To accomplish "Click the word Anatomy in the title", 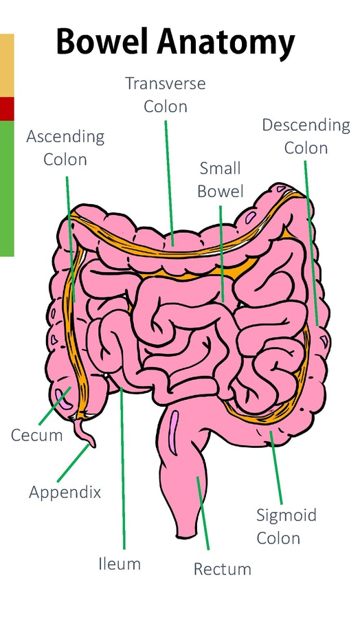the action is pos(225,43).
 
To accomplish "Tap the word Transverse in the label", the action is pos(166,83).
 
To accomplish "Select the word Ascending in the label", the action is pos(65,137).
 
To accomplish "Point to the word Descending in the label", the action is pos(306,126).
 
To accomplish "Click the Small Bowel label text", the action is pos(221,179).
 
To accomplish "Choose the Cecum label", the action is pos(36,435).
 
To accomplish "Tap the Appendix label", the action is pos(65,492).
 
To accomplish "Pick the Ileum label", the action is pos(120,564).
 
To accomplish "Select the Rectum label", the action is pos(223,569).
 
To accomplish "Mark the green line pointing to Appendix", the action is pos(73,463).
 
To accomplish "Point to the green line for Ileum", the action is pos(123,469).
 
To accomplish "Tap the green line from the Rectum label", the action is pos(203,513).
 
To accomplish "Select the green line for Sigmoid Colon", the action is pos(275,467).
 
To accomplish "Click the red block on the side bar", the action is pos(7,109).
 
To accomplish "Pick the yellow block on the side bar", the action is pos(7,65).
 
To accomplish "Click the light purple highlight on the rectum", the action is pos(174,429).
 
